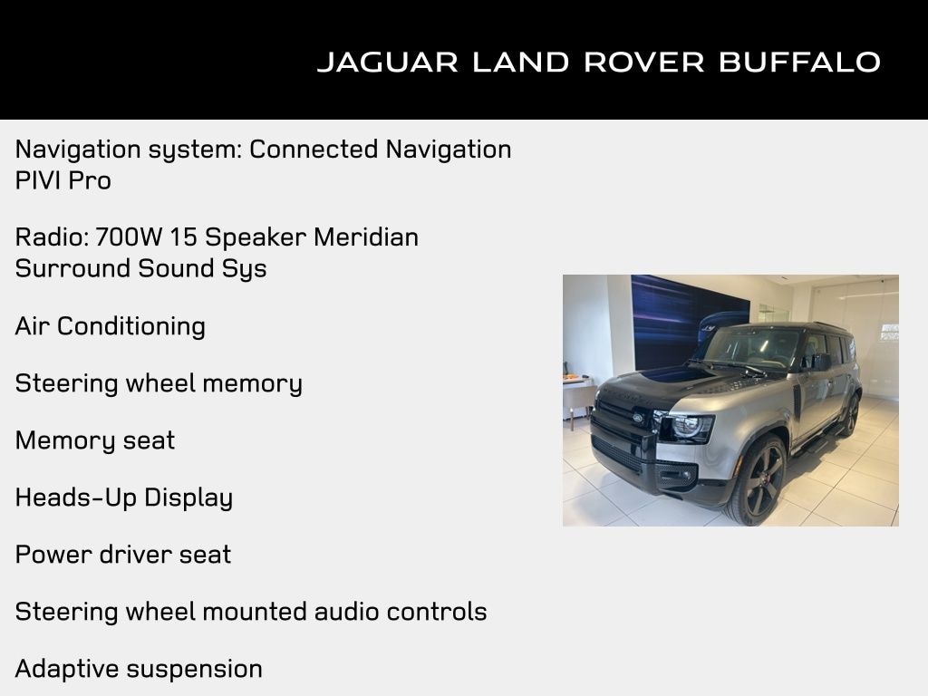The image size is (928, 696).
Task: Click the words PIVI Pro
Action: [x=63, y=180]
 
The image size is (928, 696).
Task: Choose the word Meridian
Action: [x=366, y=237]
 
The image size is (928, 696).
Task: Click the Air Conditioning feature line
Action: [x=111, y=326]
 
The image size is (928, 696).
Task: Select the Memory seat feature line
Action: [x=95, y=440]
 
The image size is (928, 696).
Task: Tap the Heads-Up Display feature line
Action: [x=124, y=498]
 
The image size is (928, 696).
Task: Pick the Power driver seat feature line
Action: [x=123, y=555]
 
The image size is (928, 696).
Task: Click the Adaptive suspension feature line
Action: [x=139, y=669]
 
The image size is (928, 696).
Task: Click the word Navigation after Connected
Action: [x=449, y=149]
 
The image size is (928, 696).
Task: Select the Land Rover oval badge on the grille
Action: [x=638, y=417]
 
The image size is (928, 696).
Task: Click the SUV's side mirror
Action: [x=820, y=362]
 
